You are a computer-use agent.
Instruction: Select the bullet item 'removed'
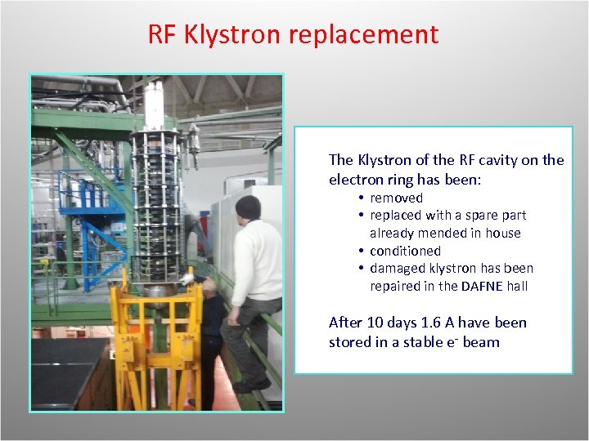coord(396,198)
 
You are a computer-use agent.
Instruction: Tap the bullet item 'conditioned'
coord(405,251)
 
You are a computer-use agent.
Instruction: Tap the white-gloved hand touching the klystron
coord(198,280)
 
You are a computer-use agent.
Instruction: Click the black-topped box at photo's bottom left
coord(69,372)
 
